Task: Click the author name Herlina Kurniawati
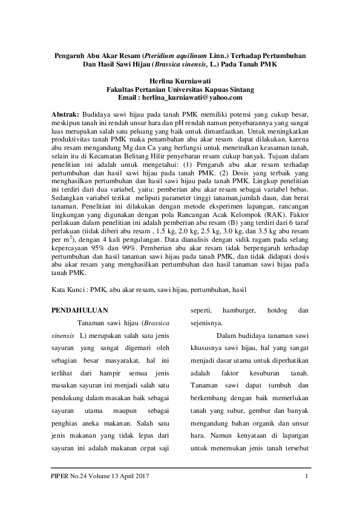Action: (x=180, y=79)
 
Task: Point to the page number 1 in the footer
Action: (x=307, y=481)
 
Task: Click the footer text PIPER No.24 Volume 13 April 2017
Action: (x=100, y=481)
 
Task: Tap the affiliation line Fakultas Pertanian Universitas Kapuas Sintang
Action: (x=180, y=88)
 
